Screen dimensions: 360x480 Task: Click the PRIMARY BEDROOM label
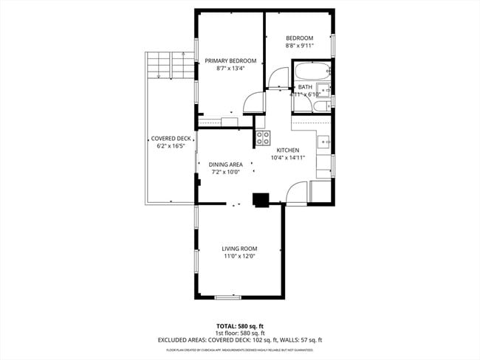click(x=230, y=60)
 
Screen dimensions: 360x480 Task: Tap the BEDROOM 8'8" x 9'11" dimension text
click(x=300, y=46)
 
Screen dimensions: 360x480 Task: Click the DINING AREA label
click(x=225, y=165)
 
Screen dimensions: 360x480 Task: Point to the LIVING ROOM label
click(x=239, y=249)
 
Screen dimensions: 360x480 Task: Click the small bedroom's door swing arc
click(x=277, y=77)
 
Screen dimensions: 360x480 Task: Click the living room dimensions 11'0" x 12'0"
click(x=239, y=257)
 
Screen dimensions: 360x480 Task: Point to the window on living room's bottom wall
click(x=227, y=297)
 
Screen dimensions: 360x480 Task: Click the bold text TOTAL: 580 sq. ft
click(x=239, y=325)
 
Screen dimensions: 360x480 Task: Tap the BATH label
click(x=305, y=87)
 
